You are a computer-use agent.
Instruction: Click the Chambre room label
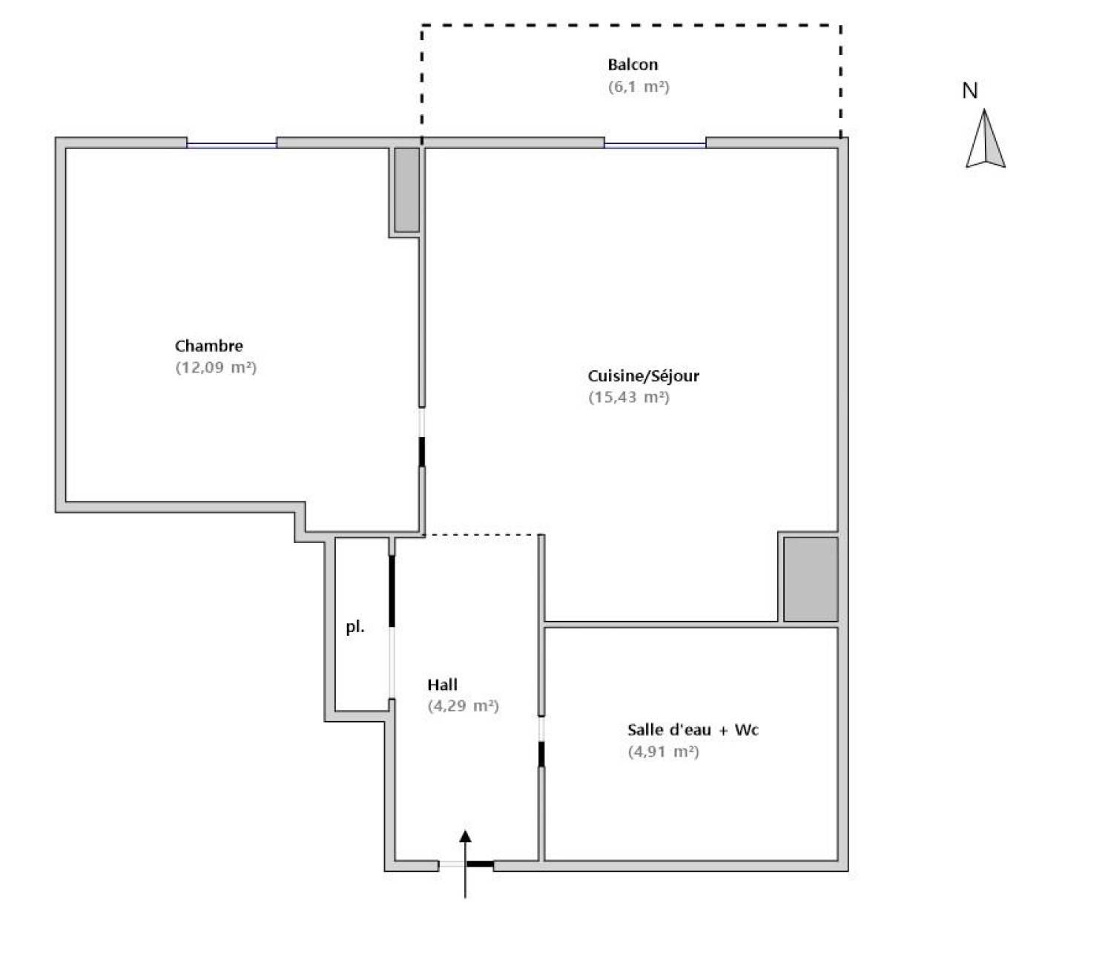208,346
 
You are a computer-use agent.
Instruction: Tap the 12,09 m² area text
216,368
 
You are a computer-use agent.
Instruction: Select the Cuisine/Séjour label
643,376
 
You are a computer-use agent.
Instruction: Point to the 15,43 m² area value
629,398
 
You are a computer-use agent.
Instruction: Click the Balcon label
633,65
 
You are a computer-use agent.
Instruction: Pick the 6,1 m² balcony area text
639,87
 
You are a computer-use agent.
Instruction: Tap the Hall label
442,685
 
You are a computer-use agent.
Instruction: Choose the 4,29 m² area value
463,706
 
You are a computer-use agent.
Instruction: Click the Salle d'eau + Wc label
693,729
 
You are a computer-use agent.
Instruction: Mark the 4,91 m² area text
664,752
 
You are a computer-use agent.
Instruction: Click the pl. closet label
355,627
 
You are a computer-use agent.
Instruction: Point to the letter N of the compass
970,91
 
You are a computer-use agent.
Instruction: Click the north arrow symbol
986,139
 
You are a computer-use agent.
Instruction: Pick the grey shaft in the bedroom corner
406,190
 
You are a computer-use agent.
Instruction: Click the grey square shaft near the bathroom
811,579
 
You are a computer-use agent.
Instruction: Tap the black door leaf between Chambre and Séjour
422,453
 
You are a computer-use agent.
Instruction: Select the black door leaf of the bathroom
541,754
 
